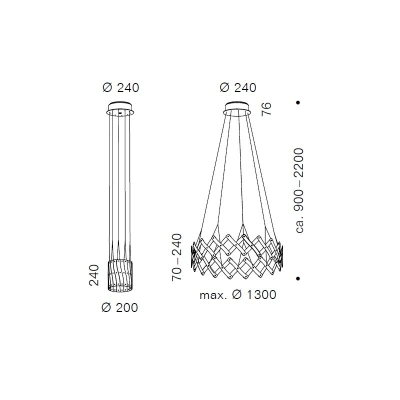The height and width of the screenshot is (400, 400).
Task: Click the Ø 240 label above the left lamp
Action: [x=120, y=88]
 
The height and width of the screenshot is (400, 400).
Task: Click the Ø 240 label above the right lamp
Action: [x=238, y=88]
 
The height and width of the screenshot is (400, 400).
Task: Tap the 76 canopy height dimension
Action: [x=266, y=109]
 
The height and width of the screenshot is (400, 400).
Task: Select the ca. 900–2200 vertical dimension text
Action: [x=299, y=190]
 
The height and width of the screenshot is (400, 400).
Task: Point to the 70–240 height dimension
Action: [x=177, y=257]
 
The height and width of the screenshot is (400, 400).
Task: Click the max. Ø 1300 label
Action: [x=238, y=295]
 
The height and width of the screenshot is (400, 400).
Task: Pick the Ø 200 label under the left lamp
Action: [x=119, y=307]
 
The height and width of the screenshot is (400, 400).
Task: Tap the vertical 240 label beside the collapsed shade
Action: [x=93, y=275]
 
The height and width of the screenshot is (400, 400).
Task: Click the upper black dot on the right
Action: [x=297, y=102]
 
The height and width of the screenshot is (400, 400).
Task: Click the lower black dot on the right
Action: [x=297, y=278]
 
